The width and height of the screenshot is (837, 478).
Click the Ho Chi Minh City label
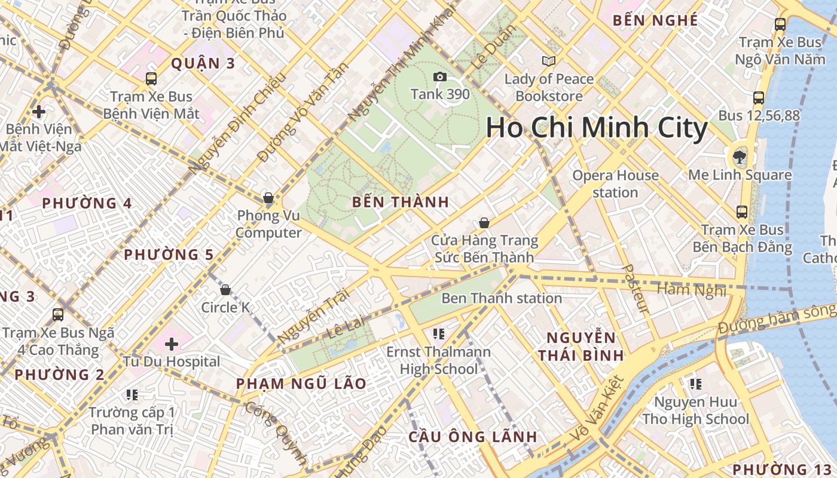[x=596, y=128]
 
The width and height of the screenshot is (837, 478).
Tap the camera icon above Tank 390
[x=440, y=76]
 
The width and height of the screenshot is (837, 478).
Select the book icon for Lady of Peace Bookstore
[x=548, y=61]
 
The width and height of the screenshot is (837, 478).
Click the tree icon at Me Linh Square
[x=740, y=157]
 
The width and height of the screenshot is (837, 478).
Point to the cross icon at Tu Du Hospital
[x=172, y=344]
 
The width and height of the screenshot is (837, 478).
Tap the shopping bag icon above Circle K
[x=225, y=290]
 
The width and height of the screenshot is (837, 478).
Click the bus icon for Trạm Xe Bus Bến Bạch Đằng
[x=742, y=212]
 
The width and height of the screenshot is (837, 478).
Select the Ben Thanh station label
[x=502, y=298]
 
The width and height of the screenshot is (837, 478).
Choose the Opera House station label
[x=615, y=183]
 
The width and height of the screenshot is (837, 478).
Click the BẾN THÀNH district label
[x=401, y=202]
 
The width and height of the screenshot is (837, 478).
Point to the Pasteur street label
[x=635, y=289]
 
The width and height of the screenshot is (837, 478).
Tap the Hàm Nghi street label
[x=692, y=290]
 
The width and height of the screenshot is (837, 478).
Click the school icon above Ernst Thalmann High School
[x=439, y=333]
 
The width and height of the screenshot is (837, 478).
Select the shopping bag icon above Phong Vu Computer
[x=268, y=198]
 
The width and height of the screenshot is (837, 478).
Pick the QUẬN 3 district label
[x=203, y=63]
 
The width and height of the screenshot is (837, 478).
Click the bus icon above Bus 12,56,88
[x=759, y=98]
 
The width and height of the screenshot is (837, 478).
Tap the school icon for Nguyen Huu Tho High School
[x=695, y=384]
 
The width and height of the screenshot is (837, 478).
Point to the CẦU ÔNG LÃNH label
[x=473, y=437]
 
